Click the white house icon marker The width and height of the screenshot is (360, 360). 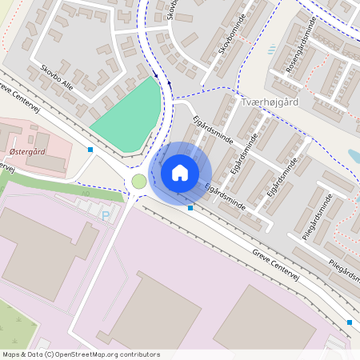pyautogui.click(x=180, y=172)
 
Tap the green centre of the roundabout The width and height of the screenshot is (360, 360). pyautogui.click(x=139, y=182)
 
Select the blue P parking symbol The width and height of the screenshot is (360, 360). pyautogui.click(x=106, y=214)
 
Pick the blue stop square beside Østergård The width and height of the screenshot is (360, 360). pyautogui.click(x=90, y=150)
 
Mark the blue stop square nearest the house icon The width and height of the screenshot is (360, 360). pyautogui.click(x=190, y=208)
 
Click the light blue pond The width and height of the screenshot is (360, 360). pyautogui.click(x=353, y=156)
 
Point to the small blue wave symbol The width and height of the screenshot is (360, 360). pyautogui.click(x=272, y=50)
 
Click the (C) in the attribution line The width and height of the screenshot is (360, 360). pyautogui.click(x=50, y=354)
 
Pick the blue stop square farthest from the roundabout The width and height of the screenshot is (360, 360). pyautogui.click(x=350, y=322)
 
